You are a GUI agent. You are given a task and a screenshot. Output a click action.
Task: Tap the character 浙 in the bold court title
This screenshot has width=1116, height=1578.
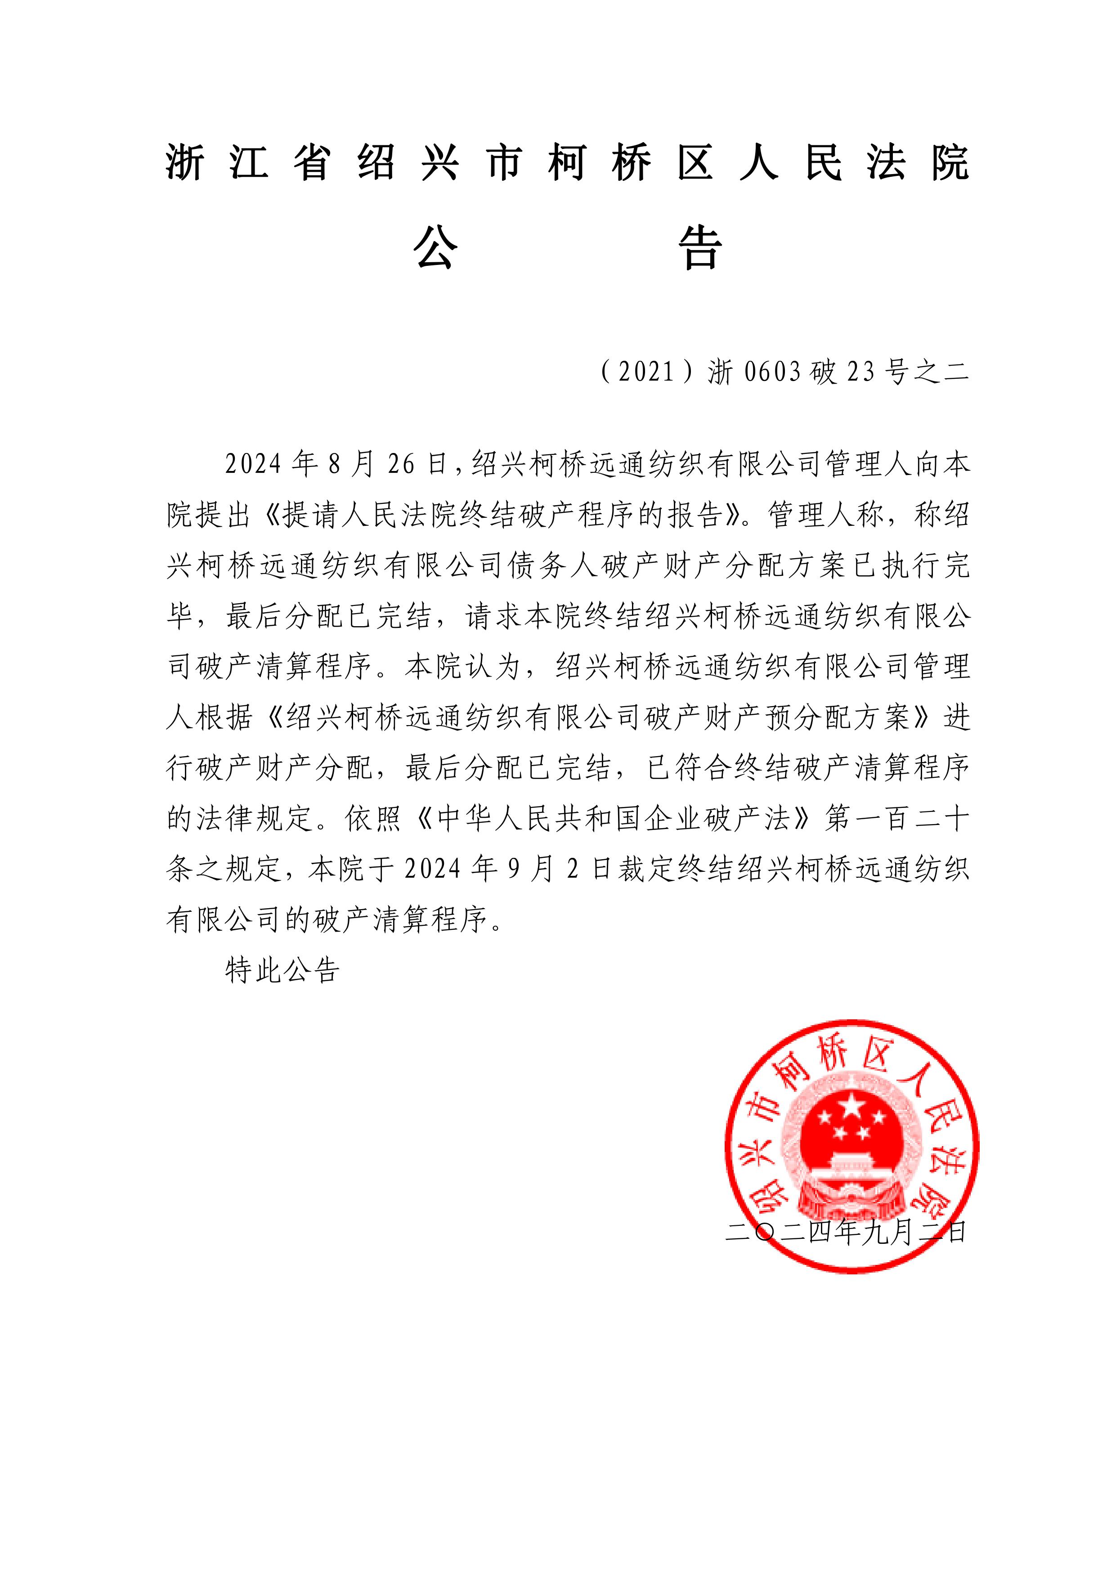(185, 164)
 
